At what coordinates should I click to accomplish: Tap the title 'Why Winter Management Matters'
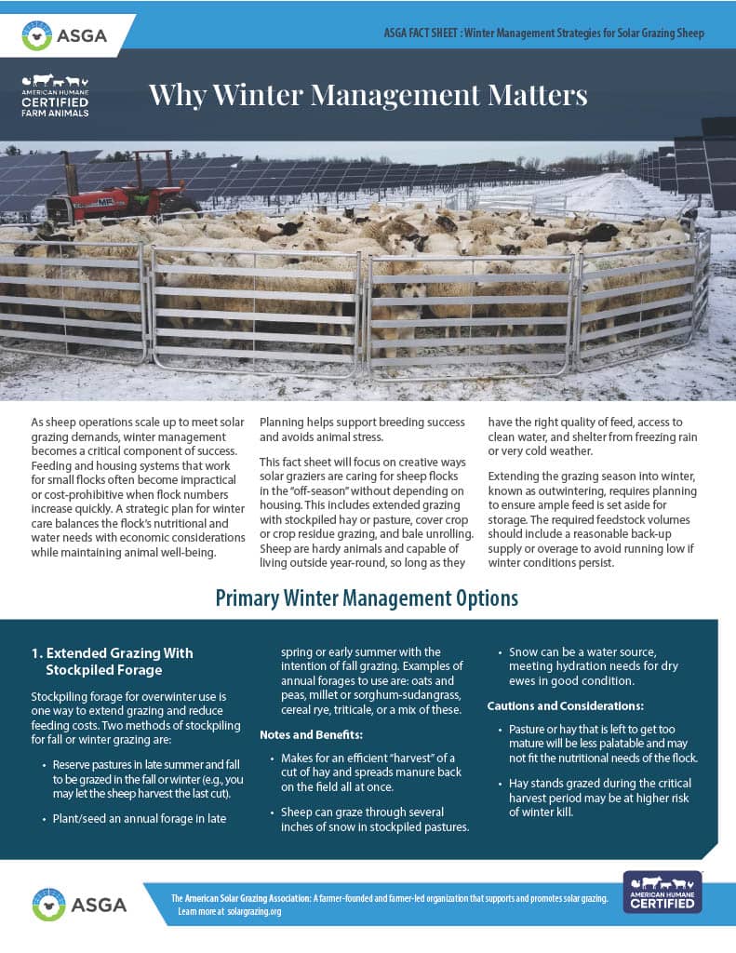(368, 95)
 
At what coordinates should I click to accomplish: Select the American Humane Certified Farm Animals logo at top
(56, 96)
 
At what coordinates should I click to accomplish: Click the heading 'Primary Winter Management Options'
(367, 597)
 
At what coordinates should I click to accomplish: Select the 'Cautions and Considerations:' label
(565, 706)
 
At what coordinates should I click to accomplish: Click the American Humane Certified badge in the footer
(662, 892)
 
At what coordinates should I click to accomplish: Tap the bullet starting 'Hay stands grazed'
(602, 798)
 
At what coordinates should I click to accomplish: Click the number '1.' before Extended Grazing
(37, 652)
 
